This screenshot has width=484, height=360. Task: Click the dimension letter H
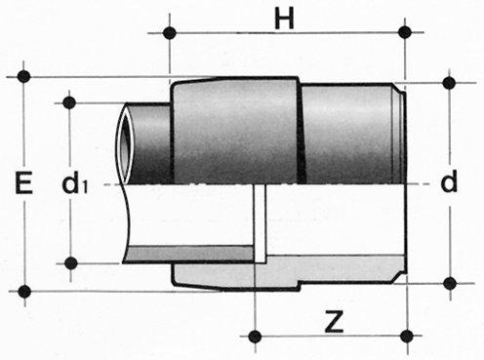[284, 19]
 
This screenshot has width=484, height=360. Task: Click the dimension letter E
[24, 183]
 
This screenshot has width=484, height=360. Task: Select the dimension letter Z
[334, 322]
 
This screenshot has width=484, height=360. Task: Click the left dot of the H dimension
[170, 32]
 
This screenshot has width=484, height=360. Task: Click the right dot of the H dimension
[405, 32]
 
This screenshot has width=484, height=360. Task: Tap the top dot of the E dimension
[24, 76]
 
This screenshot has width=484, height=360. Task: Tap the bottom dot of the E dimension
[24, 292]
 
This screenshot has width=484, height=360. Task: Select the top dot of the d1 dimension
[69, 102]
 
